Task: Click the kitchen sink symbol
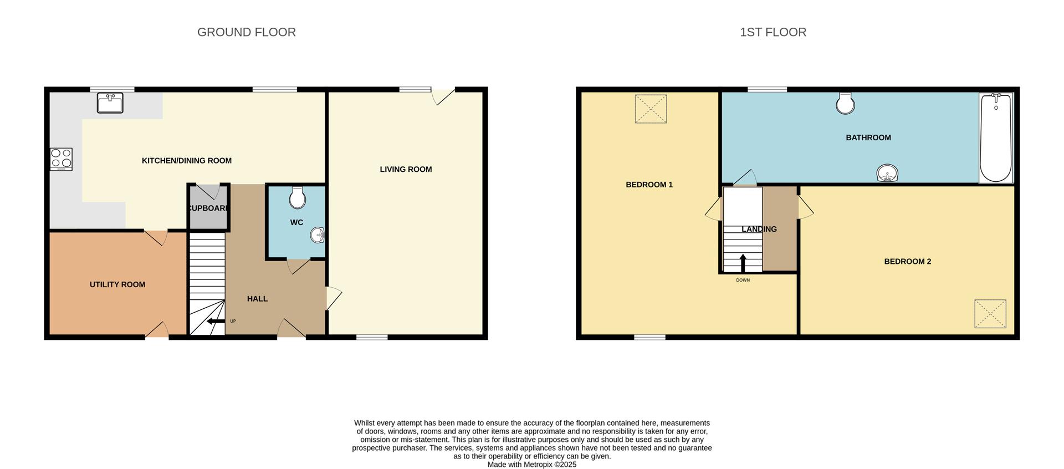[110, 103]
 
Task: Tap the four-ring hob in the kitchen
[61, 159]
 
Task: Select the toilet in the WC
[298, 198]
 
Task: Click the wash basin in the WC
[318, 236]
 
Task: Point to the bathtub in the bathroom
[995, 138]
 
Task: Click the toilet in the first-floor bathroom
[845, 103]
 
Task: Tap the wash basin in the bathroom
[887, 174]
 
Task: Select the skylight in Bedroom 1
[651, 109]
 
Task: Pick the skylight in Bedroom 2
[990, 314]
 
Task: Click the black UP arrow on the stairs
[216, 321]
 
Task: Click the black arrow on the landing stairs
[743, 263]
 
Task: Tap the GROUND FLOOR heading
[247, 32]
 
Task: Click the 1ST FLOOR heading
[773, 32]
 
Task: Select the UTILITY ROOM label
[117, 284]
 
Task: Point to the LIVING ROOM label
[406, 169]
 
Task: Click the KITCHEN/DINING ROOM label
[187, 161]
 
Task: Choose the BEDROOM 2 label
[907, 261]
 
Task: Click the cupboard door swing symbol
[208, 191]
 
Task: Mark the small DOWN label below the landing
[743, 280]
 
